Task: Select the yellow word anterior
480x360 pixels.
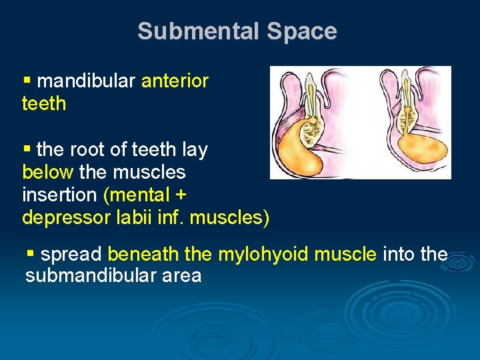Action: click(x=175, y=81)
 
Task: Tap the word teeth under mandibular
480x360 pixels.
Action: click(x=44, y=103)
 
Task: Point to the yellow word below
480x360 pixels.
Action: click(x=47, y=172)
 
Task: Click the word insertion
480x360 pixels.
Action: click(x=59, y=195)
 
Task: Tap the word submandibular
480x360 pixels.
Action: click(x=87, y=275)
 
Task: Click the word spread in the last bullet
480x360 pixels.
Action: click(x=71, y=254)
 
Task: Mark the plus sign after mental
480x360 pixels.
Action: click(x=180, y=195)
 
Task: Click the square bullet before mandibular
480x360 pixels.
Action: click(x=27, y=81)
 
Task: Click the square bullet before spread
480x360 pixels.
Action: click(x=30, y=253)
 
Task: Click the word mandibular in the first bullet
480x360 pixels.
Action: click(x=87, y=81)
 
